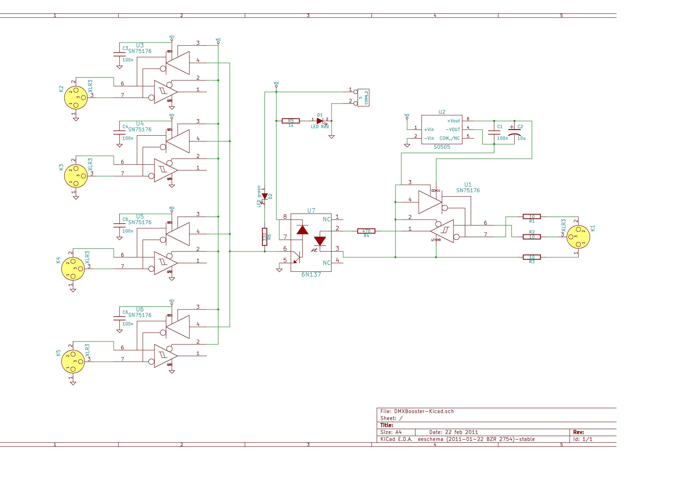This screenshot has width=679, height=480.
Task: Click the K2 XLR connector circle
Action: coord(76,98)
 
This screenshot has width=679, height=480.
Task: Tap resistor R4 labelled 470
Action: coord(366,231)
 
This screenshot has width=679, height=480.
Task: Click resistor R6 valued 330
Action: coord(265,237)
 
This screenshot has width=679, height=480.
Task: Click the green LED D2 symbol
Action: coord(265,196)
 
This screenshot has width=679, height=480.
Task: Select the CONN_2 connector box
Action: coord(363,98)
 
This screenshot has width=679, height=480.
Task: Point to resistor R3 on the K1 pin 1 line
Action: coord(532,257)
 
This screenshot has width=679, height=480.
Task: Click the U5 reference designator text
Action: coord(140,216)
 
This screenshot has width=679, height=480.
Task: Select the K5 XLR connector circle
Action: coord(73,361)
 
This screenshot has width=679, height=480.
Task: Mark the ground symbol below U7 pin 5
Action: coord(279,270)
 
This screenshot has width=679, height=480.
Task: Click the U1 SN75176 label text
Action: coord(468,190)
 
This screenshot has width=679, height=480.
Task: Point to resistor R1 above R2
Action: coord(532,216)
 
